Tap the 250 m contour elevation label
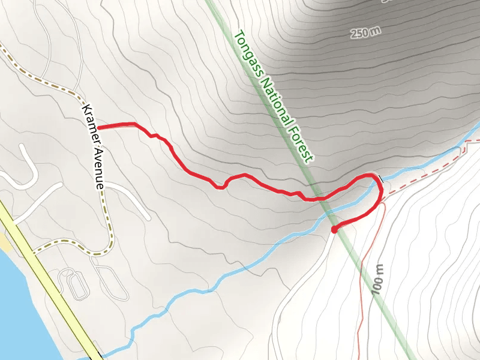click(x=366, y=33)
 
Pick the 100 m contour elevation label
click(x=377, y=278)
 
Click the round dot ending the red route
click(x=334, y=229)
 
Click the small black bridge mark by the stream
click(x=379, y=178)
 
